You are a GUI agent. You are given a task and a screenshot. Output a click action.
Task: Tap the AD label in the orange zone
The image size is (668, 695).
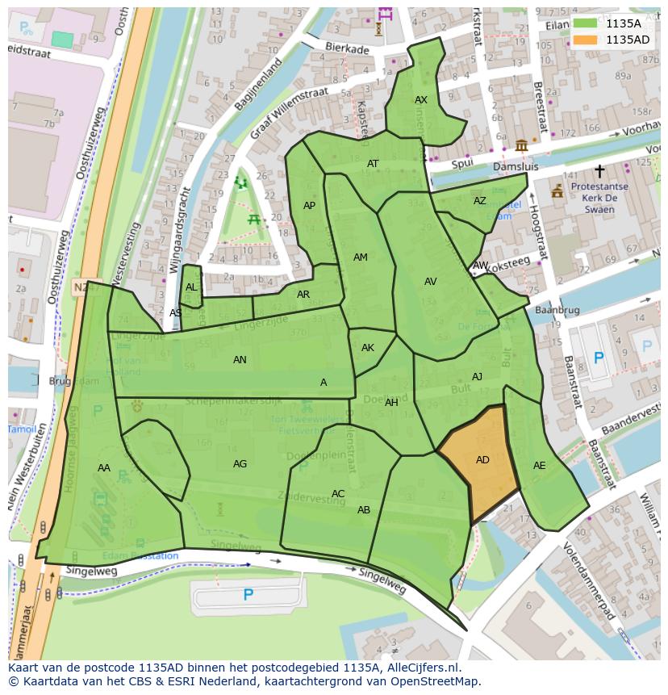click(482, 460)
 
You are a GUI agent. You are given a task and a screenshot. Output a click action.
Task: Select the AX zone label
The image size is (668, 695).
click(421, 100)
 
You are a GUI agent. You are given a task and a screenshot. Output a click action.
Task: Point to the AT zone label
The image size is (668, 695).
click(373, 164)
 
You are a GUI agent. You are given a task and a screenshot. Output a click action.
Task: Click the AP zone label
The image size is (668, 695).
click(309, 206)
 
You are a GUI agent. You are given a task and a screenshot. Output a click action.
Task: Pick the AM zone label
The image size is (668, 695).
click(361, 257)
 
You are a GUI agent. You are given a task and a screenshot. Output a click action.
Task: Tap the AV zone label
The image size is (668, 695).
click(430, 282)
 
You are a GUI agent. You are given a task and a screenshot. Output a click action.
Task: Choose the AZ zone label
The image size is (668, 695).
click(480, 201)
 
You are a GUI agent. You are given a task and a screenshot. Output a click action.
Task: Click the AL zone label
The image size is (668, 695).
click(191, 287)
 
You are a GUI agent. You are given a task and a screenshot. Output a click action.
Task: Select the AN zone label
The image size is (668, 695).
click(240, 360)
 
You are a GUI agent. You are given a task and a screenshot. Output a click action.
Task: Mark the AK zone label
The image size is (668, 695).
click(368, 348)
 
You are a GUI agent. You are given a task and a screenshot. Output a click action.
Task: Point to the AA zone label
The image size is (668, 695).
click(104, 468)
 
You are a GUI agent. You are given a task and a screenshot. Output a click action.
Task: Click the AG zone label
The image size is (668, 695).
click(240, 464)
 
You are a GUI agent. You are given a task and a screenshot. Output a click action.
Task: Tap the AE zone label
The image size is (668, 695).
click(540, 466)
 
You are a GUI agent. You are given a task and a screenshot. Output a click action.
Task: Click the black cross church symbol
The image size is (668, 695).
click(599, 171)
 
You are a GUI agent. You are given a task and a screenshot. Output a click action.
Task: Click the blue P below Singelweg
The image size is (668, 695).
click(248, 595)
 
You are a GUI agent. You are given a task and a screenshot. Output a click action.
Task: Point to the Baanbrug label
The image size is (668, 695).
click(557, 310)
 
